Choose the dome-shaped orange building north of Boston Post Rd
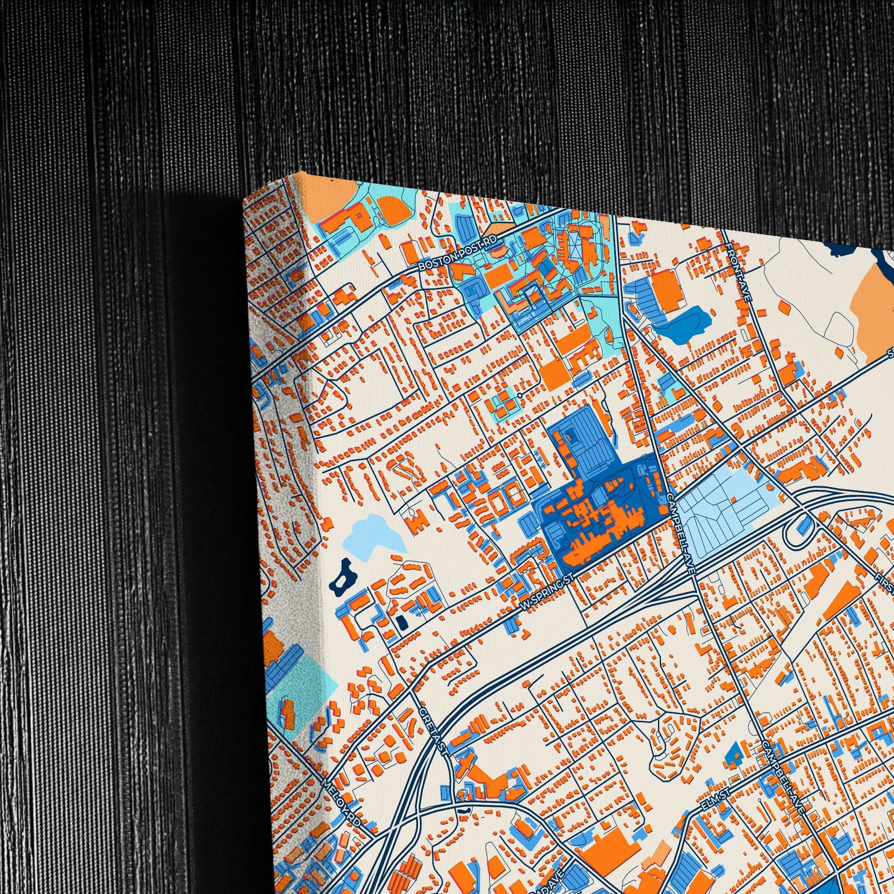tap(391, 210)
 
